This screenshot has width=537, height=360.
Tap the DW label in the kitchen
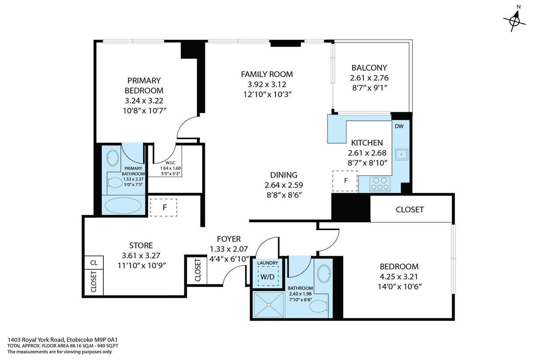coord(399,126)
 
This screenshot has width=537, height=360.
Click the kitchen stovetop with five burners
coord(380,184)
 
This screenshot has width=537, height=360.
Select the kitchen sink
coord(401,154)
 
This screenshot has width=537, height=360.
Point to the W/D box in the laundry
coord(268,276)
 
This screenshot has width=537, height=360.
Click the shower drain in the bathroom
coord(269,305)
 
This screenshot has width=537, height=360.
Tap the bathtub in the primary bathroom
coord(123,206)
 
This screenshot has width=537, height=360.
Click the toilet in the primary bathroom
coord(115,183)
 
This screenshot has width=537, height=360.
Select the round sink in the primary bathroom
coord(112,158)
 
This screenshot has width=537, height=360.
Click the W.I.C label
coord(170,163)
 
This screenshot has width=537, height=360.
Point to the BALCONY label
coord(369,68)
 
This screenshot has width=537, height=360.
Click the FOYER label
coord(229,239)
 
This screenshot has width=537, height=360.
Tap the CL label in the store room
coord(94,263)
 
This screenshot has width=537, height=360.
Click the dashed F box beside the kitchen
coord(345,181)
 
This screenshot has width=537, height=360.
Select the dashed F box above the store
coord(164,208)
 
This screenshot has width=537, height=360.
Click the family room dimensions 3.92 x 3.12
coord(267,85)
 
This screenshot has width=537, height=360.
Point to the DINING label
coord(284,175)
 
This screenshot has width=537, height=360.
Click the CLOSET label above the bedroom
coord(410,210)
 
